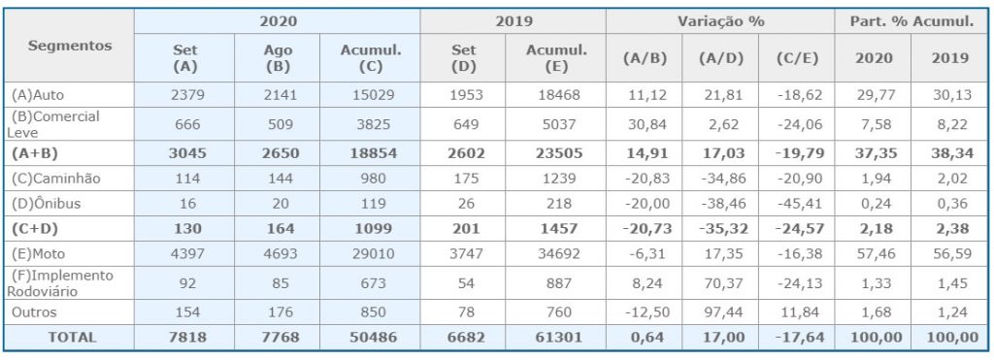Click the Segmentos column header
pos(70,46)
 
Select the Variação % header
pos(721,21)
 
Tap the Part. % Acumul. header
pos(912,21)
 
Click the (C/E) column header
pos(797,58)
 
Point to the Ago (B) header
pos(278,57)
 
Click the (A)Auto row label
pos(38,95)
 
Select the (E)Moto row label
pos(39,253)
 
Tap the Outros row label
pos(34,312)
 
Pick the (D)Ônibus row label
pos(45,204)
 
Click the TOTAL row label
pos(72,337)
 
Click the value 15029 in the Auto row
pos(370,95)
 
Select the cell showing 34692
pos(556,253)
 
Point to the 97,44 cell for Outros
pos(721,312)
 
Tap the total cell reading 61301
pos(556,337)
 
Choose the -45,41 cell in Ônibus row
pos(797,204)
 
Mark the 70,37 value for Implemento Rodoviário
pos(721,283)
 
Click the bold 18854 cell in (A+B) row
pos(370,153)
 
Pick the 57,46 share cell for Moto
pos(873,253)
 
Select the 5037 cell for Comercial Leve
pos(556,124)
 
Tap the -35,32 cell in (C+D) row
pos(721,228)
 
